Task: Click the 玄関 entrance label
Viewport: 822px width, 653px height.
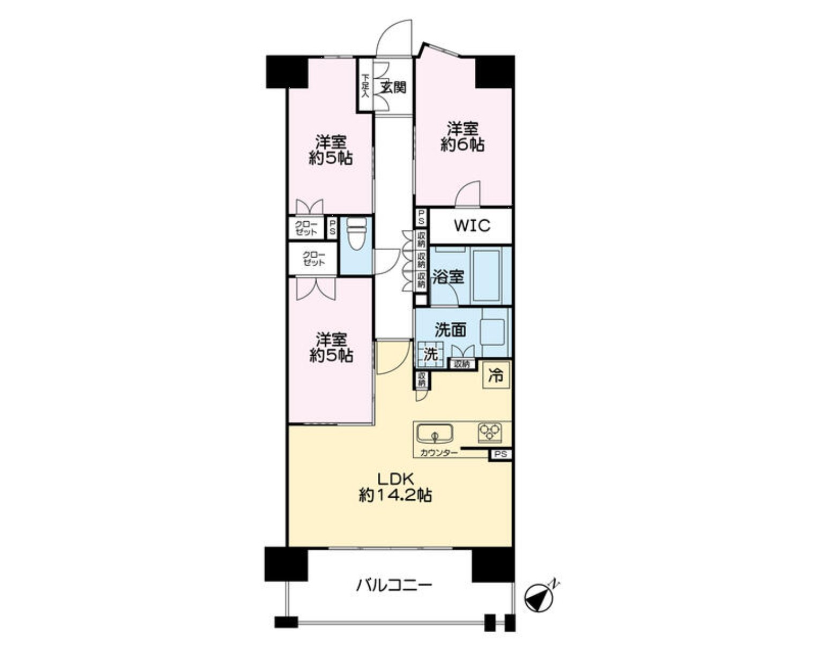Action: pyautogui.click(x=393, y=88)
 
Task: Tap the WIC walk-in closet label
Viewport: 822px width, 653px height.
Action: pyautogui.click(x=472, y=226)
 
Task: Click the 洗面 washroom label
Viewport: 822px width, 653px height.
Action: pyautogui.click(x=451, y=330)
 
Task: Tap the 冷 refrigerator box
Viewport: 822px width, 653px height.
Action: pyautogui.click(x=496, y=376)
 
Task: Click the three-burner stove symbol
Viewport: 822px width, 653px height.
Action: pyautogui.click(x=490, y=433)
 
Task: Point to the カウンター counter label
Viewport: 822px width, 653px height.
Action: pyautogui.click(x=439, y=453)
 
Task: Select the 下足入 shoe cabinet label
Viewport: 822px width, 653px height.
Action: pyautogui.click(x=365, y=85)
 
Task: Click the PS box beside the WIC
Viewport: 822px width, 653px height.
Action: pyautogui.click(x=422, y=217)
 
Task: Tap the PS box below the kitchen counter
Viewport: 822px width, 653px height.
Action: pyautogui.click(x=501, y=454)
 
